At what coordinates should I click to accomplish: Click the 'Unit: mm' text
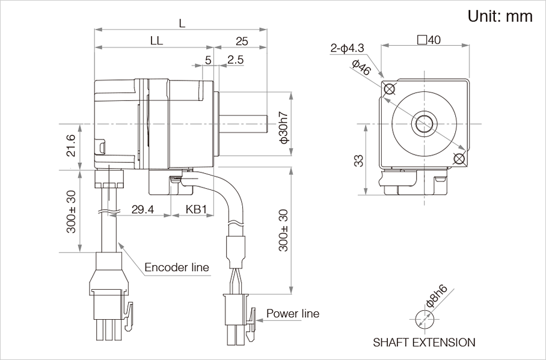tap(500, 16)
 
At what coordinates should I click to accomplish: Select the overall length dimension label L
tap(182, 22)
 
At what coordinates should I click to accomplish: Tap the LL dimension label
tap(156, 40)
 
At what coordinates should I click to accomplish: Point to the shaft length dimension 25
tap(242, 40)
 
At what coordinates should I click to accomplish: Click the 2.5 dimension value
tap(235, 59)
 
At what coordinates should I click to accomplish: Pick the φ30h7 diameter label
tap(284, 127)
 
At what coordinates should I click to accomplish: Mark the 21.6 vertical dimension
tap(71, 145)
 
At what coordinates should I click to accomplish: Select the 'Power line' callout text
tap(293, 313)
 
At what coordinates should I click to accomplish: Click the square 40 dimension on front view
tap(429, 40)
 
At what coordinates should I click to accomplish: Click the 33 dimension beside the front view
tap(358, 160)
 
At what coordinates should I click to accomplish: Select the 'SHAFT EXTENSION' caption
tap(424, 343)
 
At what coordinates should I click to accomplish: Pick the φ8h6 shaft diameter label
tap(437, 298)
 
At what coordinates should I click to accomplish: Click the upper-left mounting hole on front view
tap(388, 89)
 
